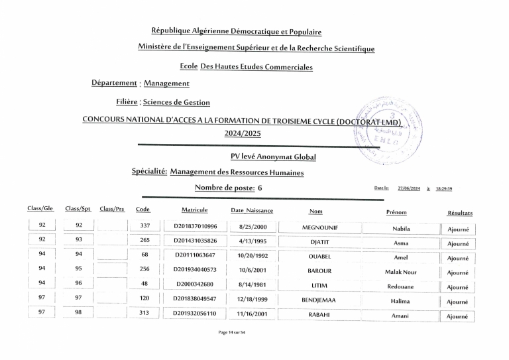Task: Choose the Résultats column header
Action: [460, 213]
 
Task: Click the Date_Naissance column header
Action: [252, 211]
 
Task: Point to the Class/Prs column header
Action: [112, 209]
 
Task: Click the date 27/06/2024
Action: [409, 188]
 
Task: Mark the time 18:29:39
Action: [444, 188]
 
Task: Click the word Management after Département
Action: [166, 84]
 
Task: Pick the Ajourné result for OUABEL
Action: [457, 259]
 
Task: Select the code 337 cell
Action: [145, 226]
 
